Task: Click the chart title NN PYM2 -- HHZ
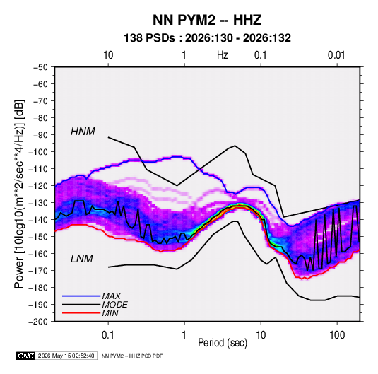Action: (x=207, y=20)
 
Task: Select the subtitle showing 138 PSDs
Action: (x=207, y=38)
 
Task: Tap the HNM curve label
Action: (x=83, y=132)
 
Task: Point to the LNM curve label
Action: (x=82, y=259)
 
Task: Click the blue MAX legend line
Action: (x=81, y=296)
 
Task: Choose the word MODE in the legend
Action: (x=114, y=305)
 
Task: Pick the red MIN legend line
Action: (x=81, y=313)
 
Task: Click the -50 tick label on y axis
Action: (x=40, y=67)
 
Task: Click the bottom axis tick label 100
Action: (x=337, y=335)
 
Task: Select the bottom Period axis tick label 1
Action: (x=184, y=335)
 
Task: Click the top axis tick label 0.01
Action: (x=336, y=55)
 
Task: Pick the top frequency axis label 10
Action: (x=108, y=55)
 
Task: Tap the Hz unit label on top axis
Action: (x=223, y=55)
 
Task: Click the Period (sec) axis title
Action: (x=223, y=343)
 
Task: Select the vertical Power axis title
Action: (x=20, y=194)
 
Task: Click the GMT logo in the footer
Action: (x=26, y=356)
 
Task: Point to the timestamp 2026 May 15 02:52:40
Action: (x=66, y=356)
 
